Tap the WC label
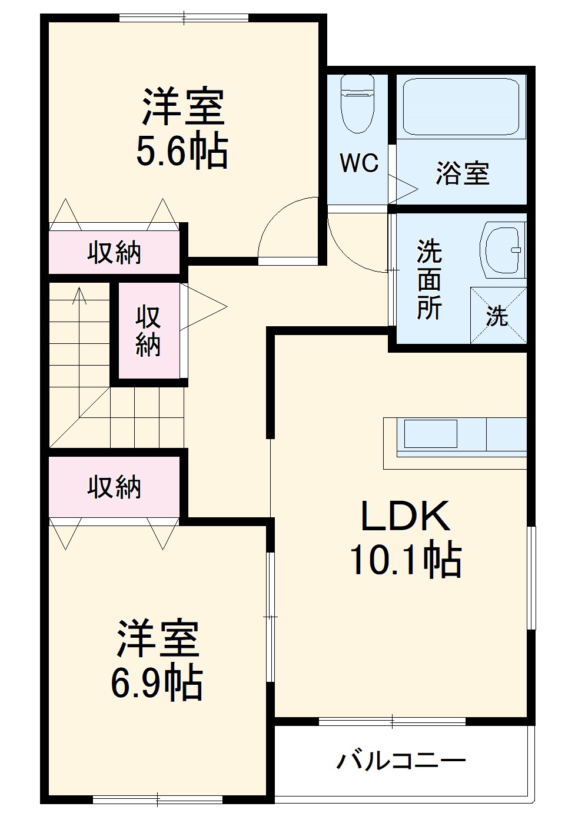(x=359, y=163)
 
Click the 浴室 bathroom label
(x=463, y=173)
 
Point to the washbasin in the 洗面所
(x=501, y=249)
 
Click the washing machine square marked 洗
(x=497, y=316)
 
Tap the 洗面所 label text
(x=429, y=279)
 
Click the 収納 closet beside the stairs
(x=148, y=331)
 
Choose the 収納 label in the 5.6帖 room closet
(x=114, y=253)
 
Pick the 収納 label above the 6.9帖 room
(x=114, y=487)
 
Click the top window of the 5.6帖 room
(x=184, y=18)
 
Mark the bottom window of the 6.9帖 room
(x=158, y=799)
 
